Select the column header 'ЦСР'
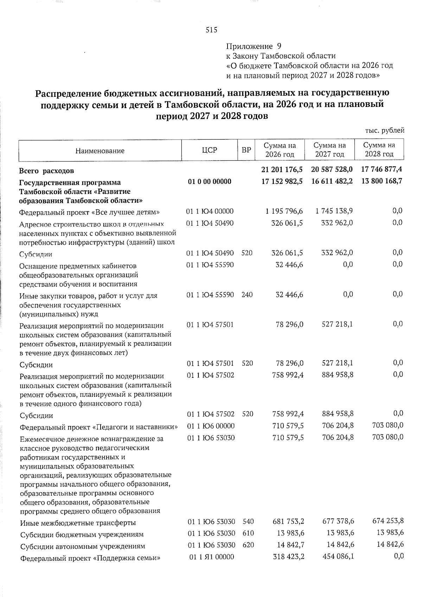coord(209,150)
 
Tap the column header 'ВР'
coord(246,150)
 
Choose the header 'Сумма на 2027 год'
coord(330,150)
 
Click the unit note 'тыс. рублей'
coord(385,131)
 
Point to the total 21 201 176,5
coord(282,170)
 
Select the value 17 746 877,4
coord(382,170)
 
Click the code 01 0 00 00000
coord(210,182)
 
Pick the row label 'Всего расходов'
coord(46,171)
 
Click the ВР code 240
coord(247,294)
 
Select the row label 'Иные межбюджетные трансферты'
coord(78,523)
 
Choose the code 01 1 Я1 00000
coord(211,557)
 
